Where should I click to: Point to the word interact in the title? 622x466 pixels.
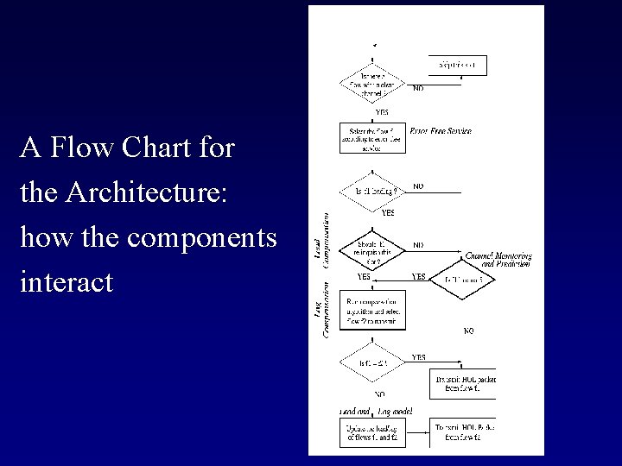pos(67,282)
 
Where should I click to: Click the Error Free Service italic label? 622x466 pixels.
pos(441,131)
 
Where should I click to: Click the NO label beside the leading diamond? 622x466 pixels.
pos(418,186)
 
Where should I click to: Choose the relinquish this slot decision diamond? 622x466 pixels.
pos(374,250)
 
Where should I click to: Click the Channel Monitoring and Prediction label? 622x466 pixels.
pos(498,260)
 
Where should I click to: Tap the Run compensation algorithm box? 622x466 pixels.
pos(374,310)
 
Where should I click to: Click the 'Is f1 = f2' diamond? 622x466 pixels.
pos(374,363)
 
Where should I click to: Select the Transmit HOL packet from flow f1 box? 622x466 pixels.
pos(463,383)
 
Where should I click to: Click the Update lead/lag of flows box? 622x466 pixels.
pos(374,433)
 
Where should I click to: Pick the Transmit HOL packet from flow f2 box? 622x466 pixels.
pos(463,433)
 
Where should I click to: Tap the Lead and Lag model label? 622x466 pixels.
pos(376,412)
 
